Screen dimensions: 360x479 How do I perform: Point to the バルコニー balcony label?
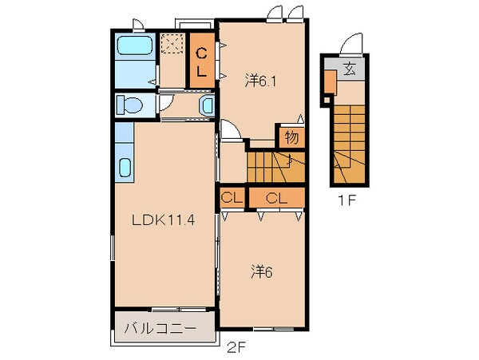tap(160, 326)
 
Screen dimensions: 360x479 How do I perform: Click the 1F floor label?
tap(346, 200)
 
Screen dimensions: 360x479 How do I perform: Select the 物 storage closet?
tap(291, 137)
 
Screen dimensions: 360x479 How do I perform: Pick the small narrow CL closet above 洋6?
tap(232, 197)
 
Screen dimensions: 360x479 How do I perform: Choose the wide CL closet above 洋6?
tap(277, 197)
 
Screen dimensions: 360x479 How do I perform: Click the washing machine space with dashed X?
tap(172, 45)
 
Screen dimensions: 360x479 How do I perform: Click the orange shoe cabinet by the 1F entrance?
tap(329, 82)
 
